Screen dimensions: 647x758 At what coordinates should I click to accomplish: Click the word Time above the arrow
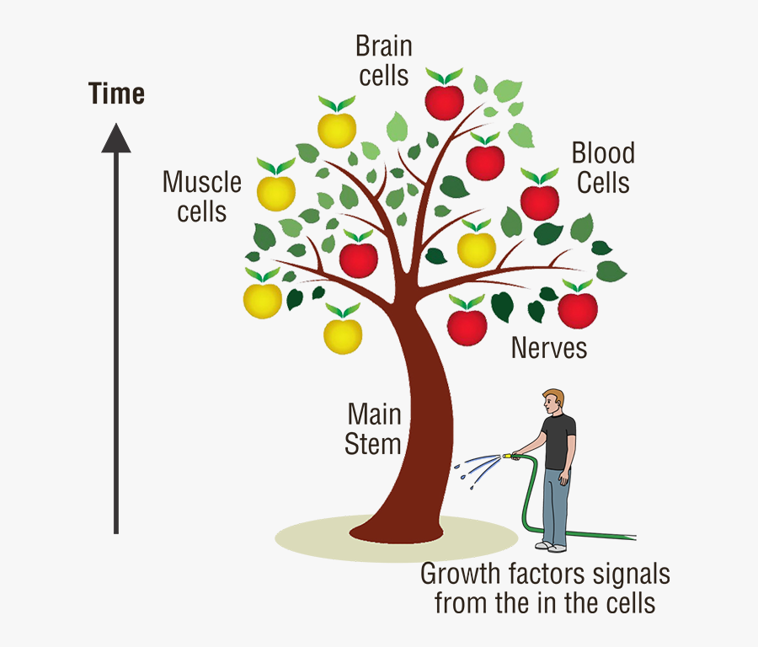116,94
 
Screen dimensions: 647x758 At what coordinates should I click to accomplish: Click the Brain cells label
383,60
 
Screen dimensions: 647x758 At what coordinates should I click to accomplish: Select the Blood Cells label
603,168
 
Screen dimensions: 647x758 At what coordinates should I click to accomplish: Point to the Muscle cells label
202,195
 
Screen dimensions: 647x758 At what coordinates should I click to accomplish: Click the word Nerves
549,348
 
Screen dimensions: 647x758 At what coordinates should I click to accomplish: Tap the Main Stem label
374,429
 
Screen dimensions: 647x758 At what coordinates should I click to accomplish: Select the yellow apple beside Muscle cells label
275,192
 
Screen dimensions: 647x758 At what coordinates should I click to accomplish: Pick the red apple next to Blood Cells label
540,202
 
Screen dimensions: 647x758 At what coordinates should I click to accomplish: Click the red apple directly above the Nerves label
578,310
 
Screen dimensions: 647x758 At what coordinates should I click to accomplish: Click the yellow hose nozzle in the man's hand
510,456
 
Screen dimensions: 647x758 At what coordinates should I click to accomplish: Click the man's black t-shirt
558,440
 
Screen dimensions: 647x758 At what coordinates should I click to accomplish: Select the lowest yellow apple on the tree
343,335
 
